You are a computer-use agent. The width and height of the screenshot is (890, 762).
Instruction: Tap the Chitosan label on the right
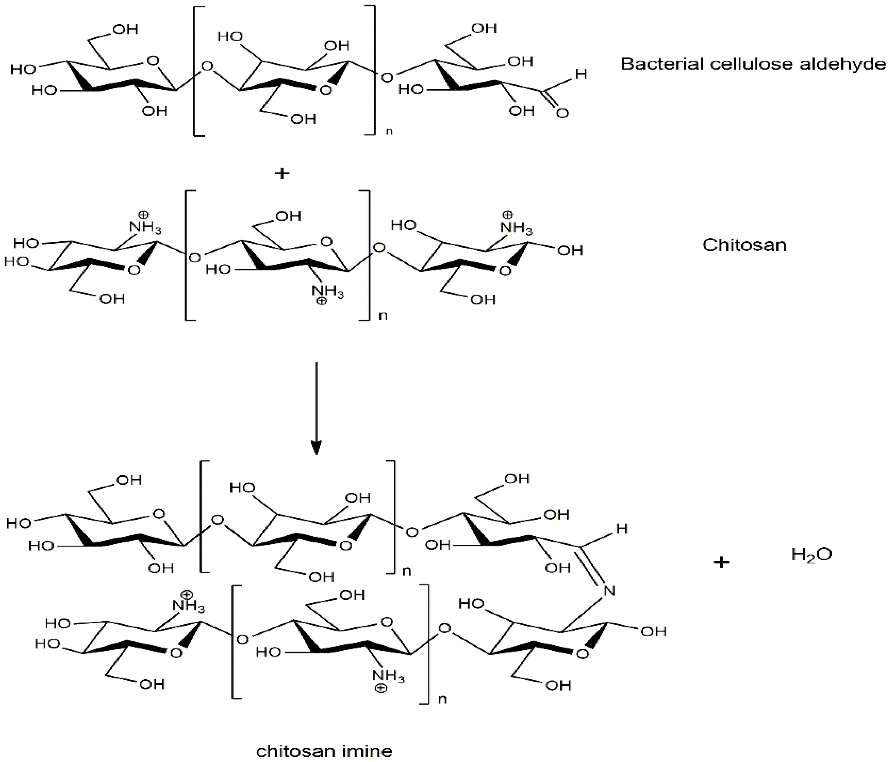pyautogui.click(x=744, y=245)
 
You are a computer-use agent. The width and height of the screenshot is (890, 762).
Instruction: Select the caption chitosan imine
pyautogui.click(x=324, y=751)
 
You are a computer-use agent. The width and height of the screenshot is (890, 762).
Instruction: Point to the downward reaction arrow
pyautogui.click(x=316, y=408)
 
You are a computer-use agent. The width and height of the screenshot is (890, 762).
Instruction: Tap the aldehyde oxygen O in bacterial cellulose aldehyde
pyautogui.click(x=562, y=113)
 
